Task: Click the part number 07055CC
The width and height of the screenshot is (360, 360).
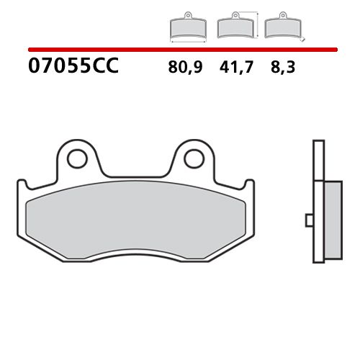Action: pos(73,68)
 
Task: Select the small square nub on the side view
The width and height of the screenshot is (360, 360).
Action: pos(309,219)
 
